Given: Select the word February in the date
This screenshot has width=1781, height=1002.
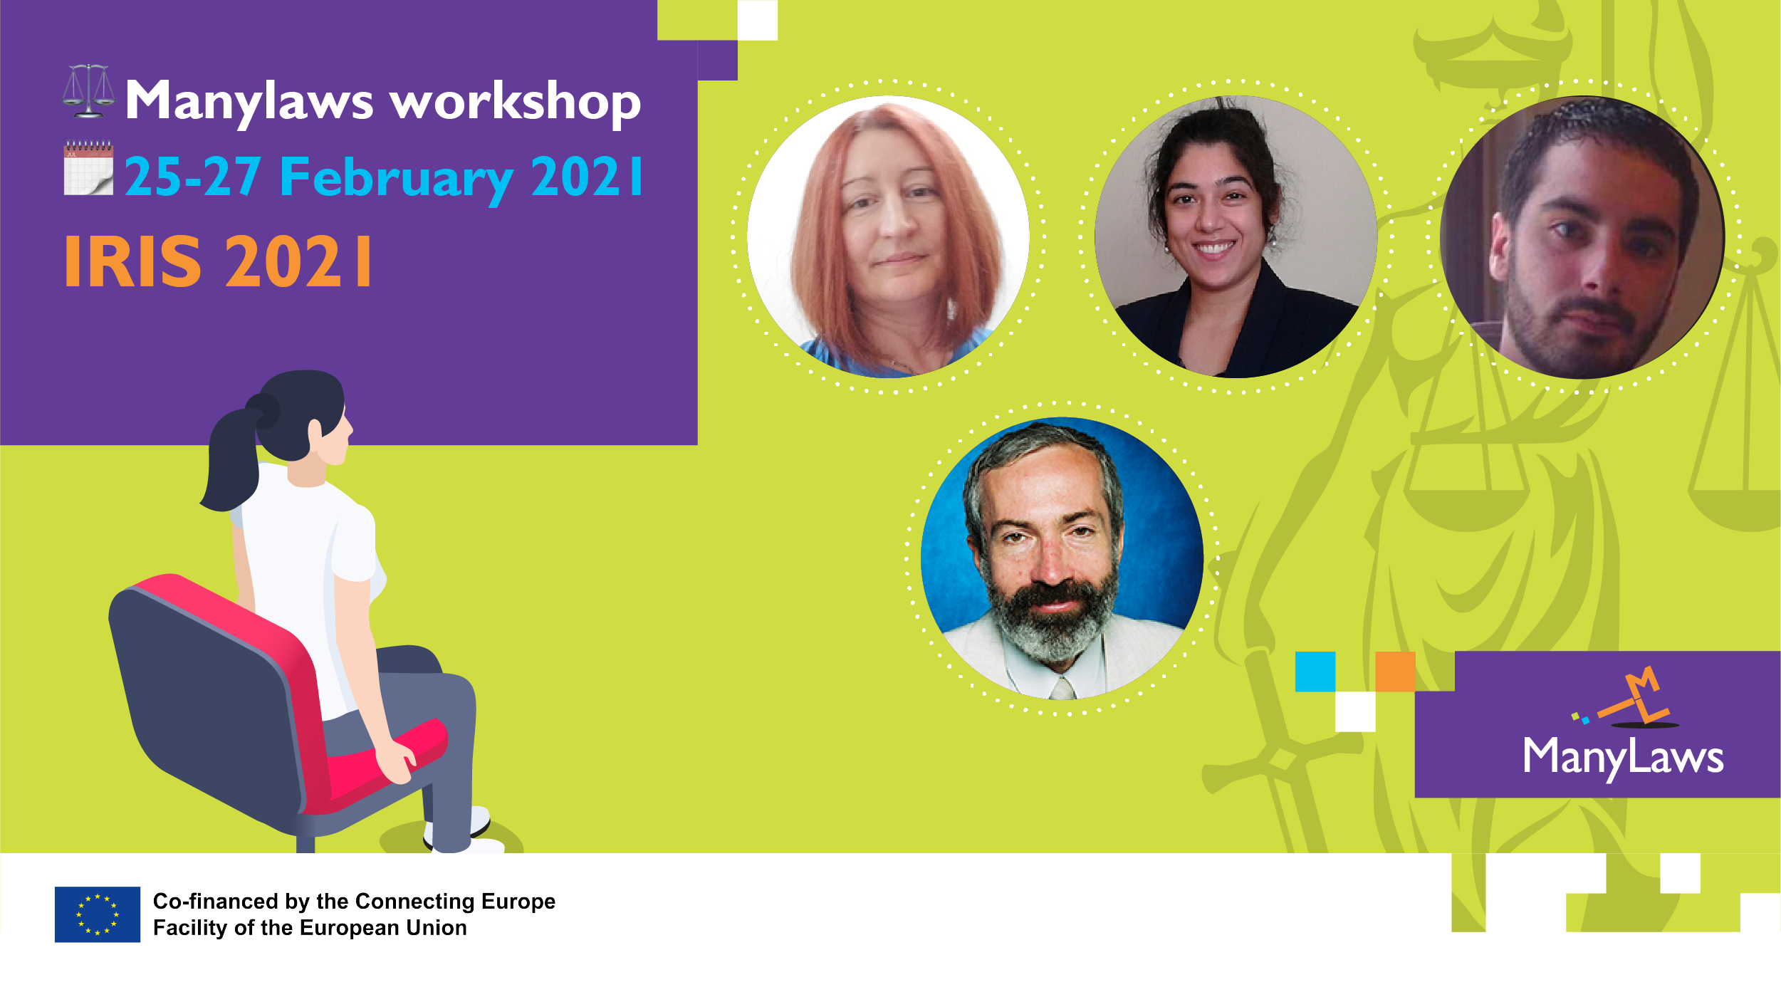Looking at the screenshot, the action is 397,179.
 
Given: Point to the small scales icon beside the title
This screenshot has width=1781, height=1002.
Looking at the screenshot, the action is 88,91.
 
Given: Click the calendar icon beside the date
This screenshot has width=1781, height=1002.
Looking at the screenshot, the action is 88,168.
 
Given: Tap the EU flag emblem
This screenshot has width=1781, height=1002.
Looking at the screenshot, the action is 98,914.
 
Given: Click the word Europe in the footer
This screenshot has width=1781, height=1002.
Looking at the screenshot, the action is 518,902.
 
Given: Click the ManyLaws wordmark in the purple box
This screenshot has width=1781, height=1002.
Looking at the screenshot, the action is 1623,758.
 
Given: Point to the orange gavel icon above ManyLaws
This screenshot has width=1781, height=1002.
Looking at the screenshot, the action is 1628,698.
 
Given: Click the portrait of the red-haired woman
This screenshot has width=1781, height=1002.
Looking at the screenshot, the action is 888,236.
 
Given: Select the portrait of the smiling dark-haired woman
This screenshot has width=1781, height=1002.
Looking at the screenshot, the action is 1236,236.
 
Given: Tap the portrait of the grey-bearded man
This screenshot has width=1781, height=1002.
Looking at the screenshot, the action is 1062,558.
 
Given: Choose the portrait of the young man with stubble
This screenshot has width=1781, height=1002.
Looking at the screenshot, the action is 1582,237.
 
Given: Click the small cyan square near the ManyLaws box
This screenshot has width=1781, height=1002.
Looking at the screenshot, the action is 1315,672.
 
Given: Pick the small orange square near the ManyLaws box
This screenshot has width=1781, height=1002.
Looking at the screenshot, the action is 1395,672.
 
